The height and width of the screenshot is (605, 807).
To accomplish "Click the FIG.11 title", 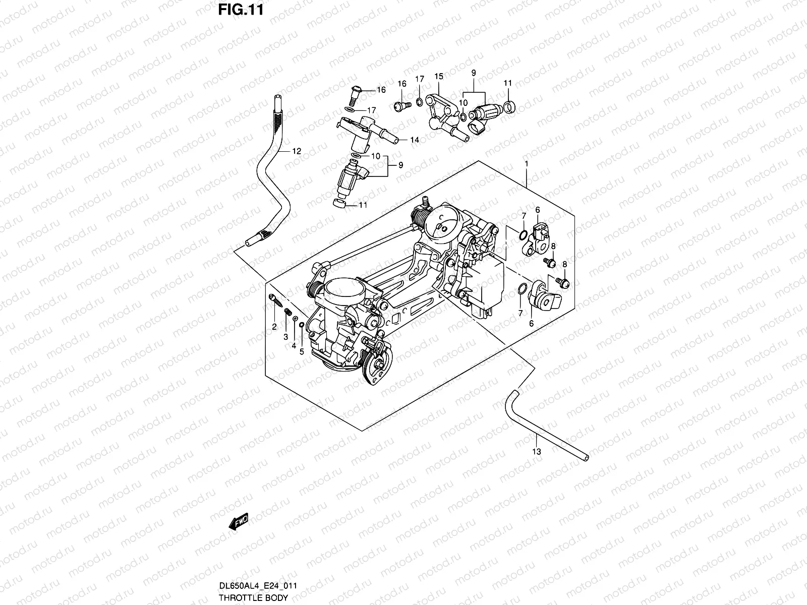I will [241, 10].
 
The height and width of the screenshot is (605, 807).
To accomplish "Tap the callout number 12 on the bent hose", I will [296, 151].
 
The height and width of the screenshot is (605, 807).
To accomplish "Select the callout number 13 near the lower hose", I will [536, 451].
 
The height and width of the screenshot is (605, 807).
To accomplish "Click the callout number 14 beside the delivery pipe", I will [414, 140].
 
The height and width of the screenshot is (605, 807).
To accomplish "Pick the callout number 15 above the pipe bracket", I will [438, 76].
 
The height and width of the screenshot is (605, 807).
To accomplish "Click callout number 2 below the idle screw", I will [274, 327].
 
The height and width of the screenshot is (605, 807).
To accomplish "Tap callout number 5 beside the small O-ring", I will [302, 352].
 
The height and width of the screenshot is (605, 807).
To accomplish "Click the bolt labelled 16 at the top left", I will [354, 92].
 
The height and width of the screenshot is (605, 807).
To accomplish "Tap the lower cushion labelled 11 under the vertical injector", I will [341, 204].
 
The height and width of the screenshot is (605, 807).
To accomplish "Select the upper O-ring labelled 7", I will [524, 233].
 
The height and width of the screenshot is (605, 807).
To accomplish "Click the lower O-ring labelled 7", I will [523, 288].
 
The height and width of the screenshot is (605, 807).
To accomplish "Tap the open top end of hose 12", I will [276, 97].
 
